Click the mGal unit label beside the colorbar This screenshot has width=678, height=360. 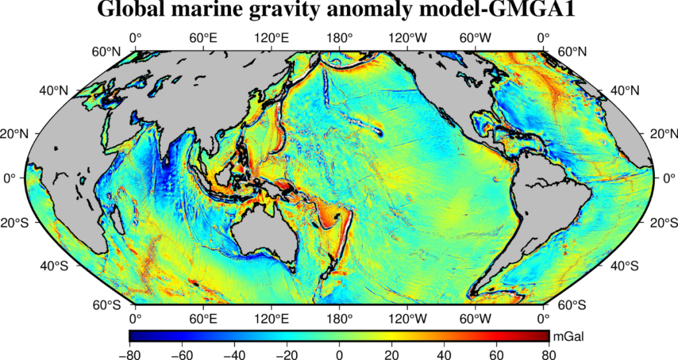click(x=567, y=336)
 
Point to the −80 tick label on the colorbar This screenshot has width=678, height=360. click(x=129, y=353)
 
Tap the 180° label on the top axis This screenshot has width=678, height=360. click(x=340, y=38)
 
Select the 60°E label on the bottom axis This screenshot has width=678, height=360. click(x=204, y=318)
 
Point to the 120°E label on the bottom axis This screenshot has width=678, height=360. click(x=271, y=318)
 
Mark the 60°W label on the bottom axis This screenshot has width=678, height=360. click(x=475, y=318)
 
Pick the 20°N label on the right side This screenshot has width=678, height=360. click(x=663, y=134)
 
